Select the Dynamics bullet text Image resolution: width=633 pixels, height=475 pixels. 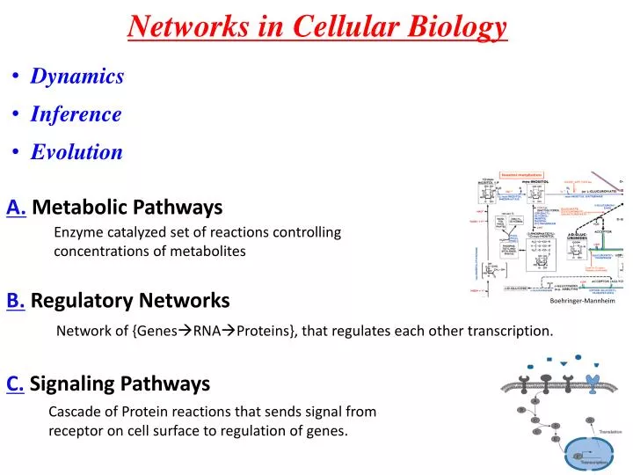[77, 77]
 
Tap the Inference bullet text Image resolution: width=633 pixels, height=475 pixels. [76, 114]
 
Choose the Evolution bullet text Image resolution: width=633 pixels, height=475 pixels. [76, 152]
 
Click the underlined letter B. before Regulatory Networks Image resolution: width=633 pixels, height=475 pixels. [16, 301]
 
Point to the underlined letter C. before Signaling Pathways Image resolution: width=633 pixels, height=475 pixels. [16, 384]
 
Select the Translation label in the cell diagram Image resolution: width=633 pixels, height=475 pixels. [610, 432]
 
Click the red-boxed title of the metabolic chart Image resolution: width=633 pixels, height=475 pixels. [522, 174]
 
